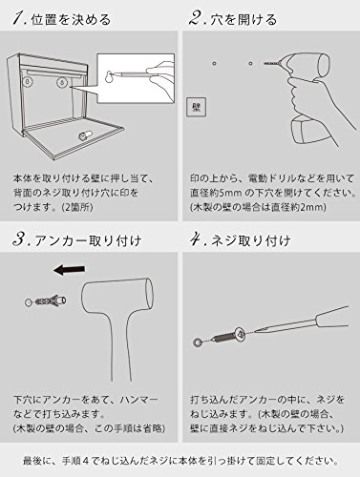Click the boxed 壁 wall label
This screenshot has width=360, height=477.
coord(196,107)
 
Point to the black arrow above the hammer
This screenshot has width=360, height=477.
coord(69,270)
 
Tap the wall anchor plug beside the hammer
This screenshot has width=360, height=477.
coord(50,301)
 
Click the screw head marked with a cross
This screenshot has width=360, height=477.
coord(241,334)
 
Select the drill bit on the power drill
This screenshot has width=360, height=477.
coord(272,63)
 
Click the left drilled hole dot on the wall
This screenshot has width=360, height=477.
coord(215,63)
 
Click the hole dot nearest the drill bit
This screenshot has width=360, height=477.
coord(250,63)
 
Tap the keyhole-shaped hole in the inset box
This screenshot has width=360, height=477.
coord(110,76)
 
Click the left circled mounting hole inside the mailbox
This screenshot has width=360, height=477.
coord(28,82)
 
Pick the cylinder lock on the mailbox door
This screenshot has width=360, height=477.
coord(85,135)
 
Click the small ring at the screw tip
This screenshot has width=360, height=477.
coord(198,342)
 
